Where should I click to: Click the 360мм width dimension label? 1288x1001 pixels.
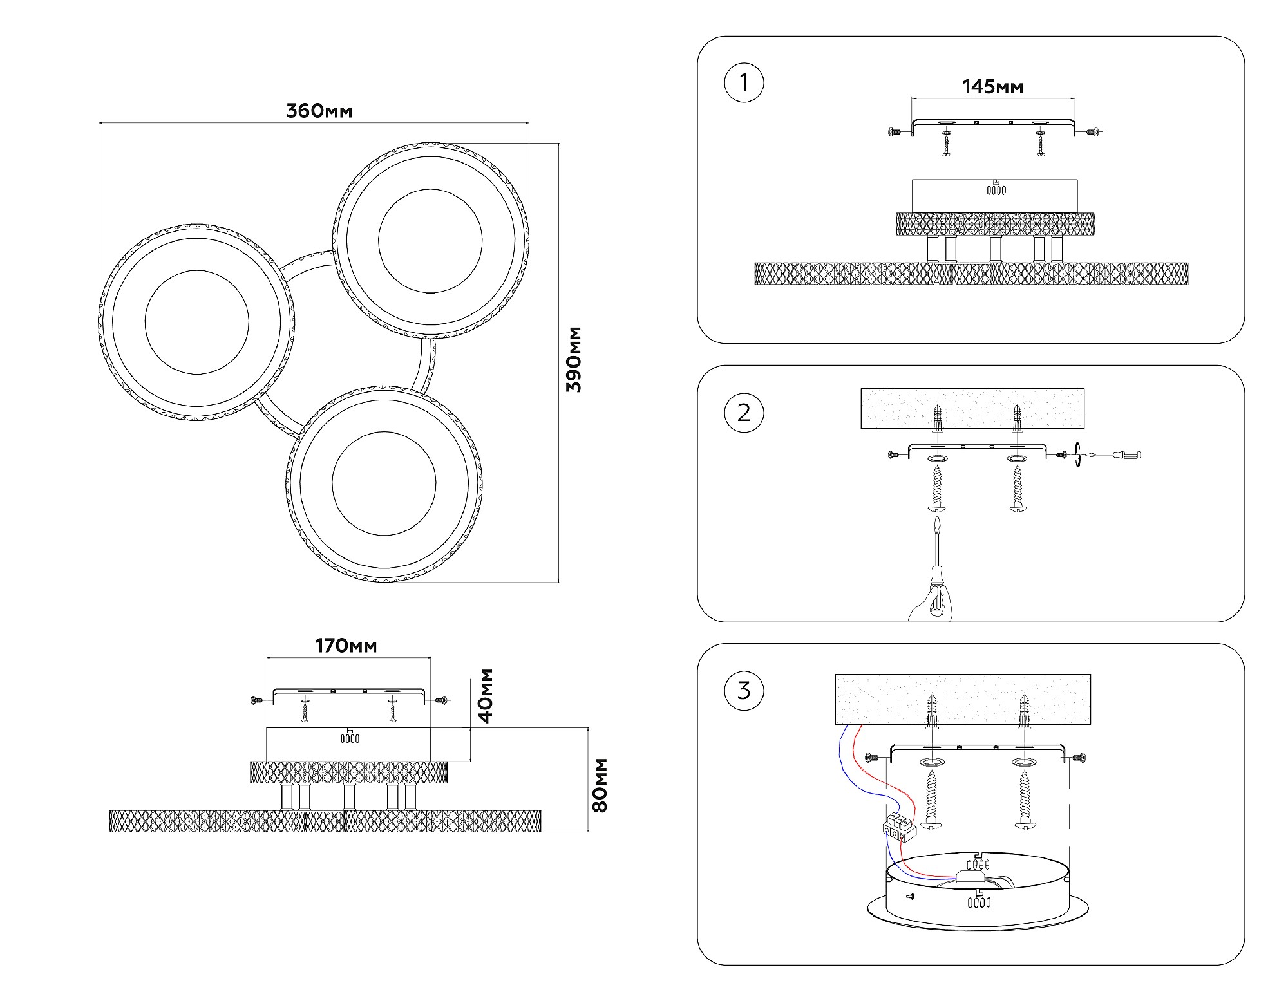319,111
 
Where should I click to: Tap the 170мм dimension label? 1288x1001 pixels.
346,645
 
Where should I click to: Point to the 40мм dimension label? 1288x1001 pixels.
486,695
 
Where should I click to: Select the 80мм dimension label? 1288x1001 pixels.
600,785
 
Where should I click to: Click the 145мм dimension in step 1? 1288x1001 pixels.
992,87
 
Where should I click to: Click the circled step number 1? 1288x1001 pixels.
744,83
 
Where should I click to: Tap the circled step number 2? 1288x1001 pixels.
744,413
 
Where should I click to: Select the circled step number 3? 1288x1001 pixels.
744,691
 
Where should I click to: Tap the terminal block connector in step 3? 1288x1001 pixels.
899,828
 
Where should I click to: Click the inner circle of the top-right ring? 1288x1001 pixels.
430,241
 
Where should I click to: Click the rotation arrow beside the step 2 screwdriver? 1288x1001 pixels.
1078,455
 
